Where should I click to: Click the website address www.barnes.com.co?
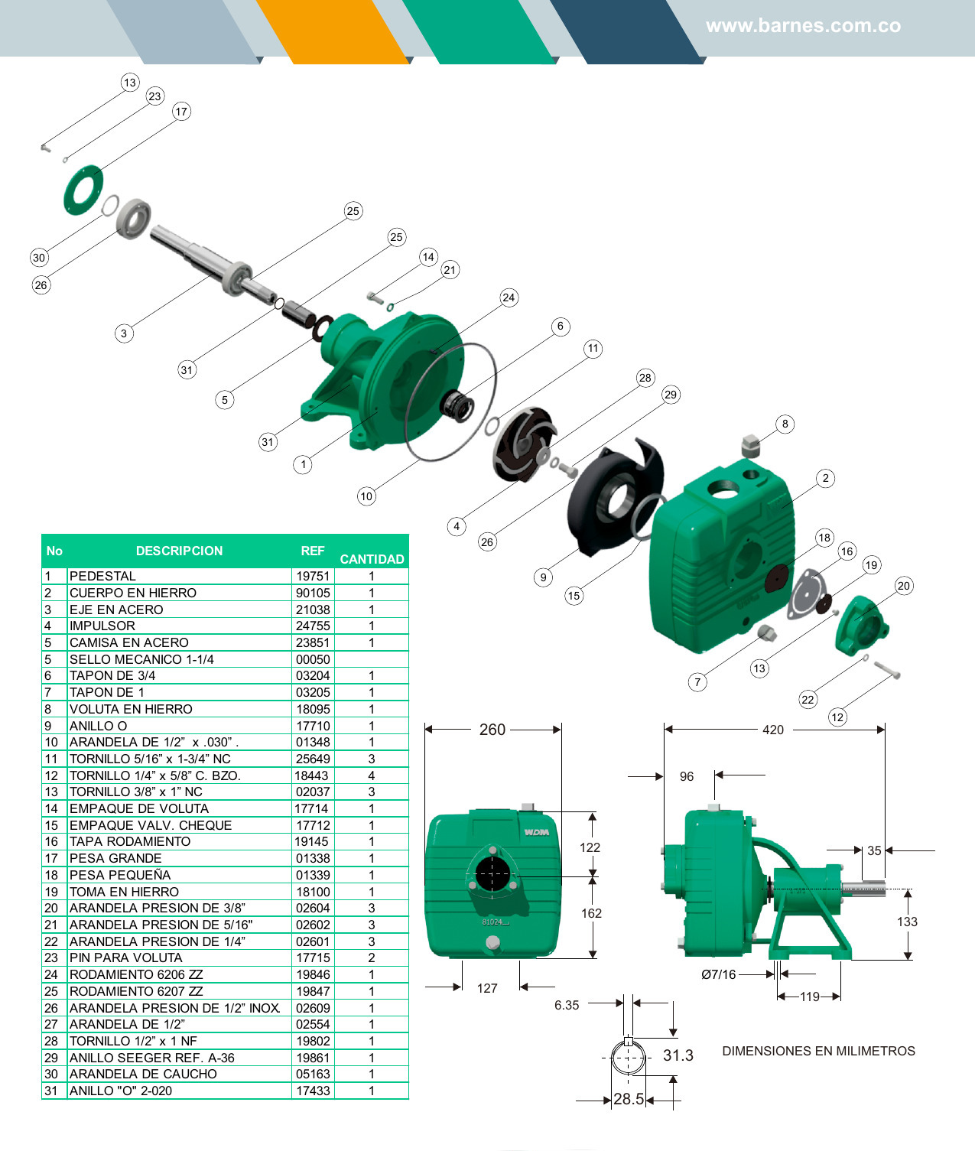click(803, 26)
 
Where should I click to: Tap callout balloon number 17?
click(181, 112)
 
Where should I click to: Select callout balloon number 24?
click(509, 298)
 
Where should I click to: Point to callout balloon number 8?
click(785, 424)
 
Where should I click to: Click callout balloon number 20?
click(904, 586)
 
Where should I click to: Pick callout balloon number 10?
click(366, 496)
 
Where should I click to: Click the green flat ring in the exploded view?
click(83, 189)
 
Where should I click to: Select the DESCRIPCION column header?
click(179, 551)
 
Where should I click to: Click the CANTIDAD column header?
click(372, 559)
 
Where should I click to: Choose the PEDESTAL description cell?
click(102, 576)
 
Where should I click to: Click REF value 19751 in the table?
click(313, 576)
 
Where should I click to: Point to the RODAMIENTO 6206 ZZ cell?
click(136, 974)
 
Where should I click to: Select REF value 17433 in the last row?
click(313, 1091)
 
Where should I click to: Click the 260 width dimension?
click(492, 730)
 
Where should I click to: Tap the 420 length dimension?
click(773, 730)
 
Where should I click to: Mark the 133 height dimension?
click(907, 922)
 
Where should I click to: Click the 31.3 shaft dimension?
click(678, 1055)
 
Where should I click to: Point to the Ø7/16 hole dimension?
click(718, 974)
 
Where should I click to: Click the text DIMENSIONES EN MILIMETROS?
click(818, 1051)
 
